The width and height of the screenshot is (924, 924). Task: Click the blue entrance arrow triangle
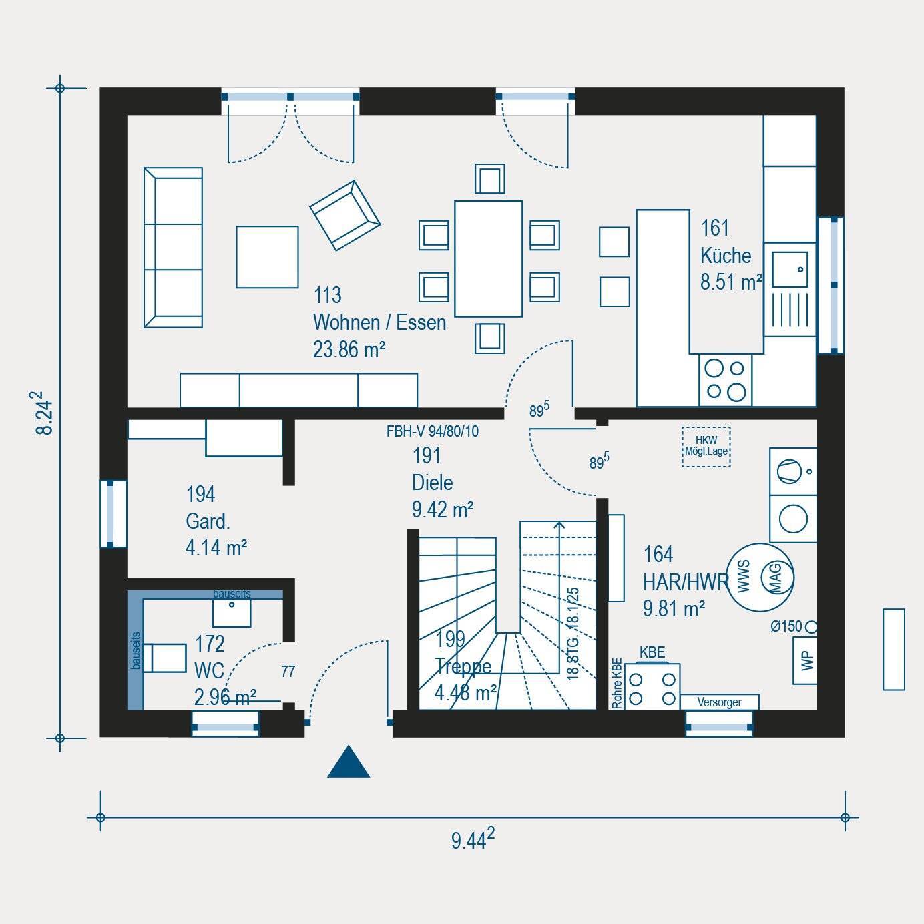click(x=349, y=764)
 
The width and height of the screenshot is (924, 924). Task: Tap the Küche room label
click(x=726, y=256)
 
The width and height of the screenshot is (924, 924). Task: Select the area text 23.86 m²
click(x=349, y=349)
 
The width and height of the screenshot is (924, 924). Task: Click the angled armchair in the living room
click(x=344, y=215)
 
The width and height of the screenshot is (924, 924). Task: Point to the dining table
click(x=488, y=258)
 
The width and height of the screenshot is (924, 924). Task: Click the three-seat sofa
click(x=173, y=248)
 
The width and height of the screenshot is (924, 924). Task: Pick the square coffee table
click(x=267, y=257)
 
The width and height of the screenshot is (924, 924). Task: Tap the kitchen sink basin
click(x=789, y=269)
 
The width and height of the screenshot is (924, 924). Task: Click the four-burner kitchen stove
click(x=726, y=379)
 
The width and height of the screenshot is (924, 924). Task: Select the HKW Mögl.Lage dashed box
click(x=706, y=447)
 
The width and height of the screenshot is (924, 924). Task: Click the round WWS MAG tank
click(x=760, y=577)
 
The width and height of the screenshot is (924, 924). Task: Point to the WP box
click(x=805, y=660)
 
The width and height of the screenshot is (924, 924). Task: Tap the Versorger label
click(x=719, y=702)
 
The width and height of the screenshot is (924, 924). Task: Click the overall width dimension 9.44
click(x=472, y=839)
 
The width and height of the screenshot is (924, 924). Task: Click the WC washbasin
click(x=232, y=612)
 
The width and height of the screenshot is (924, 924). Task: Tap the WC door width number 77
click(x=288, y=672)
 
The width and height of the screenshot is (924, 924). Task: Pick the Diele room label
click(x=432, y=483)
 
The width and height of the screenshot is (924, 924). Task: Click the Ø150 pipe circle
click(x=811, y=627)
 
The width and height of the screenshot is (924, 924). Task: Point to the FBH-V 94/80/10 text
click(x=432, y=431)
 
